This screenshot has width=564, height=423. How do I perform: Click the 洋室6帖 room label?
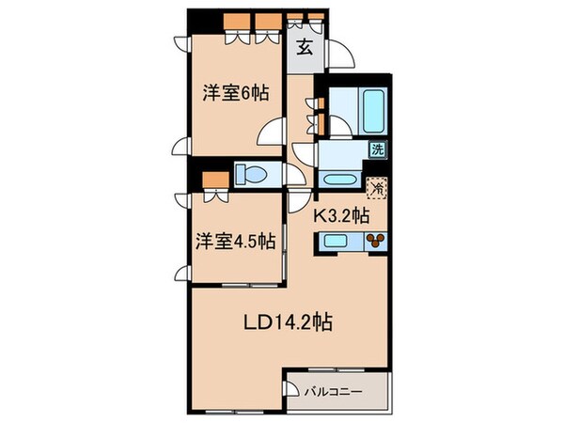pos(235,92)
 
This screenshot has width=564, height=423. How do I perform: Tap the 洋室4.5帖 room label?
pos(235,241)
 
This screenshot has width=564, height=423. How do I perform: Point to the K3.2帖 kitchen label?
pos(340,215)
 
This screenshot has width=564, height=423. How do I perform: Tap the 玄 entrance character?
pos(305,49)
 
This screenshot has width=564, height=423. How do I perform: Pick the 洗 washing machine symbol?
pos(376,149)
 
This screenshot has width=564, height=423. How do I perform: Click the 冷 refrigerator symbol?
pos(376,188)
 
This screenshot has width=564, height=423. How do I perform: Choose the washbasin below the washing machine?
pos(335,179)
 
